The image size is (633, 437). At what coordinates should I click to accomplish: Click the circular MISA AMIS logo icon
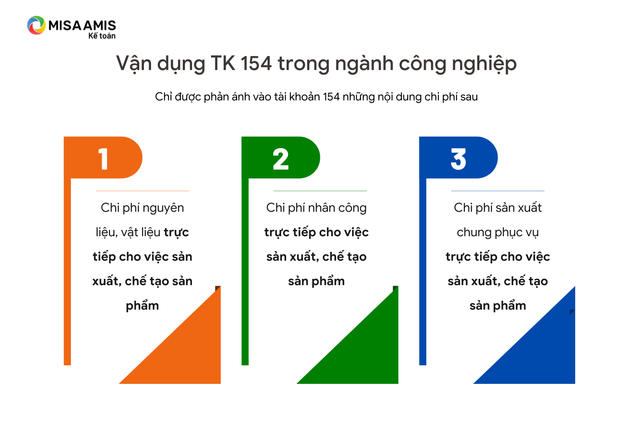pos(36,25)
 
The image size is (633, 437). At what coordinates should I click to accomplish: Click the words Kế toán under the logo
pos(102,35)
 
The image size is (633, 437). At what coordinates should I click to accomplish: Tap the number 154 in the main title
pos(256,63)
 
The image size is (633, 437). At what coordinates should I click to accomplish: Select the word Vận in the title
pos(134,64)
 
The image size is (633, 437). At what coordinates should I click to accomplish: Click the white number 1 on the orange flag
pos(103,159)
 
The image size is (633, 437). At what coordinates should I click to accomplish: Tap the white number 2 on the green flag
pos(281,159)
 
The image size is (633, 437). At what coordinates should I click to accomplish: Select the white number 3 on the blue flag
pos(458,159)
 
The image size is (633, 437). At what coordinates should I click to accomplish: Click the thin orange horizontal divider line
pos(143,191)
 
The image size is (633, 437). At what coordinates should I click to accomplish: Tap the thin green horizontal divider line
pos(320,191)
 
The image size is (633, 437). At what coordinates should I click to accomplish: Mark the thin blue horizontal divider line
pos(498,191)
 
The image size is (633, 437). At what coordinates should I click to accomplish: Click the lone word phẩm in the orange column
pos(143,306)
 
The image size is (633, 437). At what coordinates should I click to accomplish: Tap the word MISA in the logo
pos(65,25)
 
